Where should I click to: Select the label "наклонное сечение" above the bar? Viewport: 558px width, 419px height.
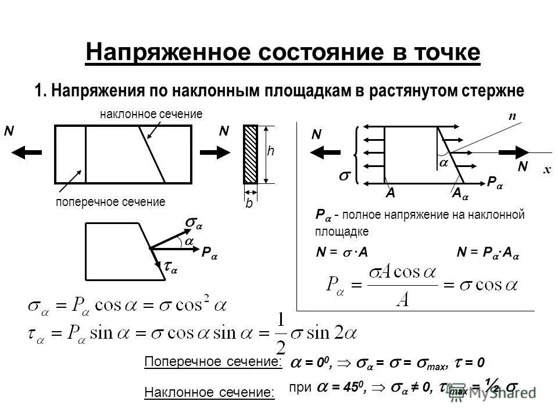tap(151, 114)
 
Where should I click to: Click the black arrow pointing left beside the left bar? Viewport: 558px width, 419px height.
tap(28, 151)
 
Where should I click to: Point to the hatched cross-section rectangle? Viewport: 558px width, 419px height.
tap(251, 154)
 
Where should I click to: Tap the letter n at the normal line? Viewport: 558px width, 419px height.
tap(512, 116)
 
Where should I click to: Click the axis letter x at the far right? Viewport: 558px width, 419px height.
tap(546, 169)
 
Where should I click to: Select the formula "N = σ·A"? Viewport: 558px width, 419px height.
tap(343, 252)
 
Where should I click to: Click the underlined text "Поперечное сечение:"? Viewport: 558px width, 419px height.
tap(212, 362)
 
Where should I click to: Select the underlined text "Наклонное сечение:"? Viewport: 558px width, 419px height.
tap(209, 393)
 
